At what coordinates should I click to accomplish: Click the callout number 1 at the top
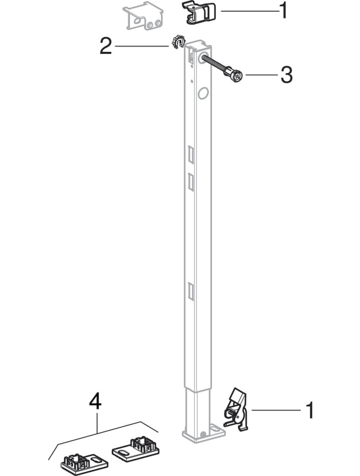(283, 11)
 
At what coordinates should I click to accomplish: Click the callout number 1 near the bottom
(310, 410)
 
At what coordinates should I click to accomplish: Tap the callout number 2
(105, 47)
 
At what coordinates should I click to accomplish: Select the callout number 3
(286, 75)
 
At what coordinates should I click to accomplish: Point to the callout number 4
(95, 402)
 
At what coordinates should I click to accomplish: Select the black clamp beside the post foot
(237, 409)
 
